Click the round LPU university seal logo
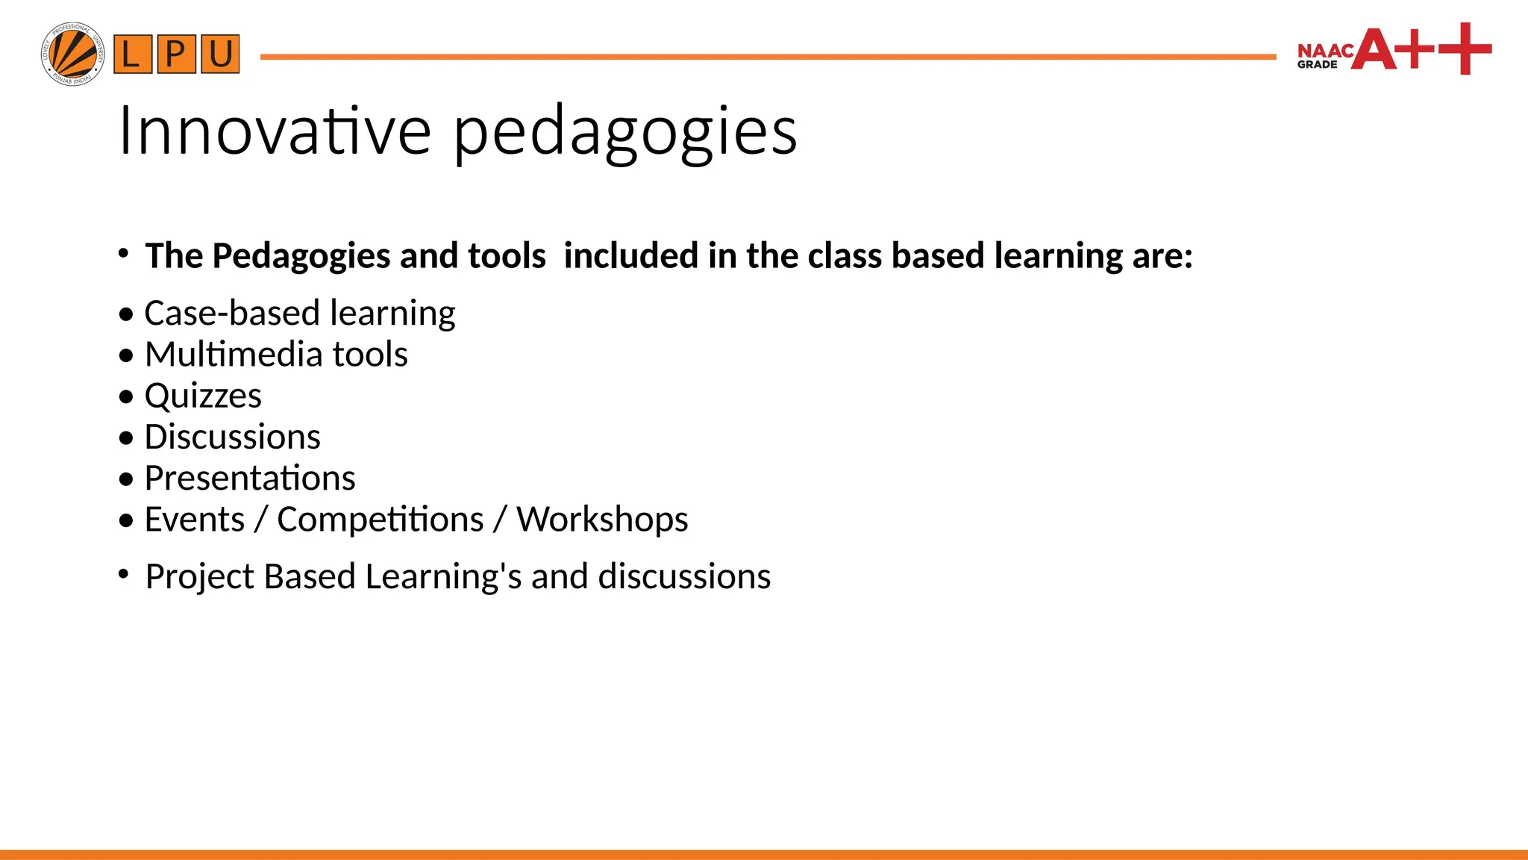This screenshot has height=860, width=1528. (x=72, y=54)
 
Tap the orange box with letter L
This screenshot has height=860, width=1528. (x=132, y=54)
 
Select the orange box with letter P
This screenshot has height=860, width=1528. (x=176, y=54)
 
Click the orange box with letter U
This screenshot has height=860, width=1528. (x=220, y=54)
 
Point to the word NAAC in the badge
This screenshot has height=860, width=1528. (x=1325, y=51)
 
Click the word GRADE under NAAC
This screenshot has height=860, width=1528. (x=1317, y=65)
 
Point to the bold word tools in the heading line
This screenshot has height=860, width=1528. (x=507, y=255)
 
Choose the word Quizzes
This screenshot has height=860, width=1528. (x=203, y=396)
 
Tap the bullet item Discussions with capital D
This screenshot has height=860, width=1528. (x=232, y=437)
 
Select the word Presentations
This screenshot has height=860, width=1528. (x=250, y=479)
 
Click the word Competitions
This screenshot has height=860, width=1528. (x=380, y=520)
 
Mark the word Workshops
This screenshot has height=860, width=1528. (x=602, y=520)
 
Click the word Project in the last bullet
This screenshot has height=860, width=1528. (x=199, y=577)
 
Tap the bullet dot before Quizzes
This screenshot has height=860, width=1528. (x=126, y=396)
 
